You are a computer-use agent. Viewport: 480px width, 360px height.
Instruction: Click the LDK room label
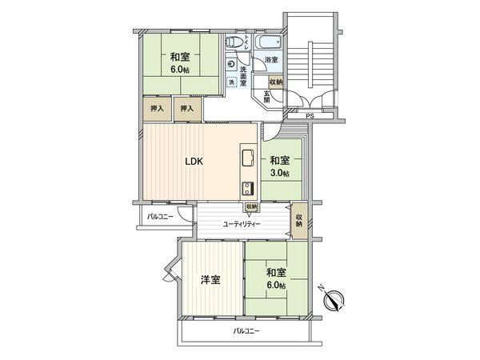tap(194, 162)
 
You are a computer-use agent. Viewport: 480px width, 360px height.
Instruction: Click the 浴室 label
tap(270, 61)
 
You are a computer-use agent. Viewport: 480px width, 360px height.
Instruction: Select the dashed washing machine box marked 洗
tap(231, 82)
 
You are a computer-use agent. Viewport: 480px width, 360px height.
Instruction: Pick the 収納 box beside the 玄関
tap(275, 82)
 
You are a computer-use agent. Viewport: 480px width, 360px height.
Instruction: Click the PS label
tap(310, 118)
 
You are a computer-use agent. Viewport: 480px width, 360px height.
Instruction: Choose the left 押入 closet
tap(156, 109)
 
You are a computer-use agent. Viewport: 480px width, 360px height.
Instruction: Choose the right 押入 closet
tap(186, 109)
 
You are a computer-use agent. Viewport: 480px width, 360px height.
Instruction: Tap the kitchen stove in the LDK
tap(247, 190)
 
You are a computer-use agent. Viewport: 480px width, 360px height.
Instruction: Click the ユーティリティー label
tap(242, 224)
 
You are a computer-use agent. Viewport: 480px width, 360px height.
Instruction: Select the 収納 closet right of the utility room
tap(299, 219)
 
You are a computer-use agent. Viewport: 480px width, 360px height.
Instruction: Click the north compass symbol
tap(334, 301)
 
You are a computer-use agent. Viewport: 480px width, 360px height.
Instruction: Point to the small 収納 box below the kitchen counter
tap(251, 206)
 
